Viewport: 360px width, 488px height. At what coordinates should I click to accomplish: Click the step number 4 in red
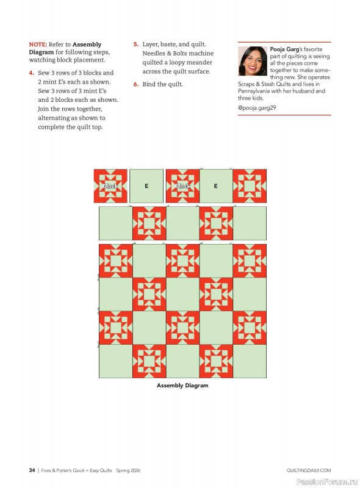[x=31, y=72]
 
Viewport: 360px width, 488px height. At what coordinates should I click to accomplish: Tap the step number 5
[x=135, y=45]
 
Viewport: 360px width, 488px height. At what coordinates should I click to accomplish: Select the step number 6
[x=135, y=84]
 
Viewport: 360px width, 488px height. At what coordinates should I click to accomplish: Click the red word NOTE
[x=37, y=45]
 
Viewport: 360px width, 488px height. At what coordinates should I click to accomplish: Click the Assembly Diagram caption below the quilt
[x=182, y=386]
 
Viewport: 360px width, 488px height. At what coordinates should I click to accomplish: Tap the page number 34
[x=32, y=470]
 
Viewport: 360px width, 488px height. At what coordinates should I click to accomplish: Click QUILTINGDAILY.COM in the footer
[x=308, y=470]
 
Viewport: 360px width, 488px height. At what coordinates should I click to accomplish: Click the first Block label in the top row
[x=110, y=186]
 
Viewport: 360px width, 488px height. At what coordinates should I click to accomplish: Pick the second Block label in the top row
[x=182, y=186]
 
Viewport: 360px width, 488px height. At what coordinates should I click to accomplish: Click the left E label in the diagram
[x=146, y=186]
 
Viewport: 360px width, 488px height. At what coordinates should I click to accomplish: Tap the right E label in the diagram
[x=215, y=186]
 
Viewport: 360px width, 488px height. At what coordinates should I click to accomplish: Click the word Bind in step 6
[x=149, y=84]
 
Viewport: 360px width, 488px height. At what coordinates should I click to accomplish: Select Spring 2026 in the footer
[x=133, y=470]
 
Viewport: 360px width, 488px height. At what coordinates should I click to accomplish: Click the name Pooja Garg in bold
[x=284, y=49]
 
